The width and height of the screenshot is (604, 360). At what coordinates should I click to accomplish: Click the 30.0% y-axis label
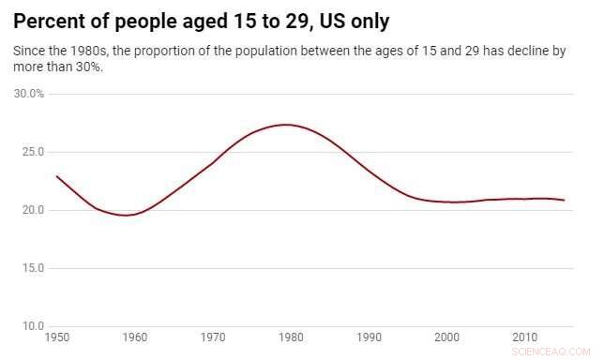[x=29, y=94]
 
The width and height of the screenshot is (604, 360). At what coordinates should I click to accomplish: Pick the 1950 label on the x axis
[x=57, y=337]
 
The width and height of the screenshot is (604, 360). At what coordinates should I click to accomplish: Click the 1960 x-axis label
[x=135, y=337]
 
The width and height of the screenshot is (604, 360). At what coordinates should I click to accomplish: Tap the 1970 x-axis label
[x=213, y=337]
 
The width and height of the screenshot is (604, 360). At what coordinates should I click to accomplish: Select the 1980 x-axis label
[x=291, y=337]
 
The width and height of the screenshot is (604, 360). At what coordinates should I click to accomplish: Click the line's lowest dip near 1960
[x=128, y=216]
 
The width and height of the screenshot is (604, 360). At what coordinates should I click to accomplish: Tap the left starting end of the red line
[x=57, y=176]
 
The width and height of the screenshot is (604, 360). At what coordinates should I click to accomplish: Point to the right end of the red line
[x=564, y=201]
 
